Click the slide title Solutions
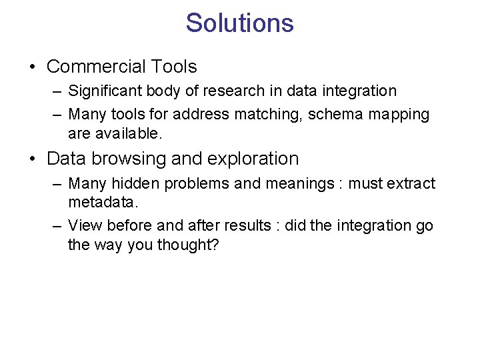pyautogui.click(x=239, y=23)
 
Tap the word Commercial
pyautogui.click(x=96, y=67)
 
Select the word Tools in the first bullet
pyautogui.click(x=174, y=67)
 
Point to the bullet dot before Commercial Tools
pyautogui.click(x=33, y=67)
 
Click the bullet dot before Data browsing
pyautogui.click(x=33, y=159)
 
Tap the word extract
pyautogui.click(x=411, y=183)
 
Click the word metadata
pyautogui.click(x=101, y=202)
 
